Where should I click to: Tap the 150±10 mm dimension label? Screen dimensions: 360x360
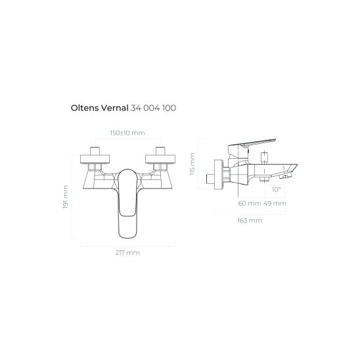(x=127, y=133)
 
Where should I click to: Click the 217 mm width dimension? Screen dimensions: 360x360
(x=127, y=252)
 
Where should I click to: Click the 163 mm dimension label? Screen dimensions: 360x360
(x=251, y=220)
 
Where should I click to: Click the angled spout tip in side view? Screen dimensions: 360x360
(x=285, y=175)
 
